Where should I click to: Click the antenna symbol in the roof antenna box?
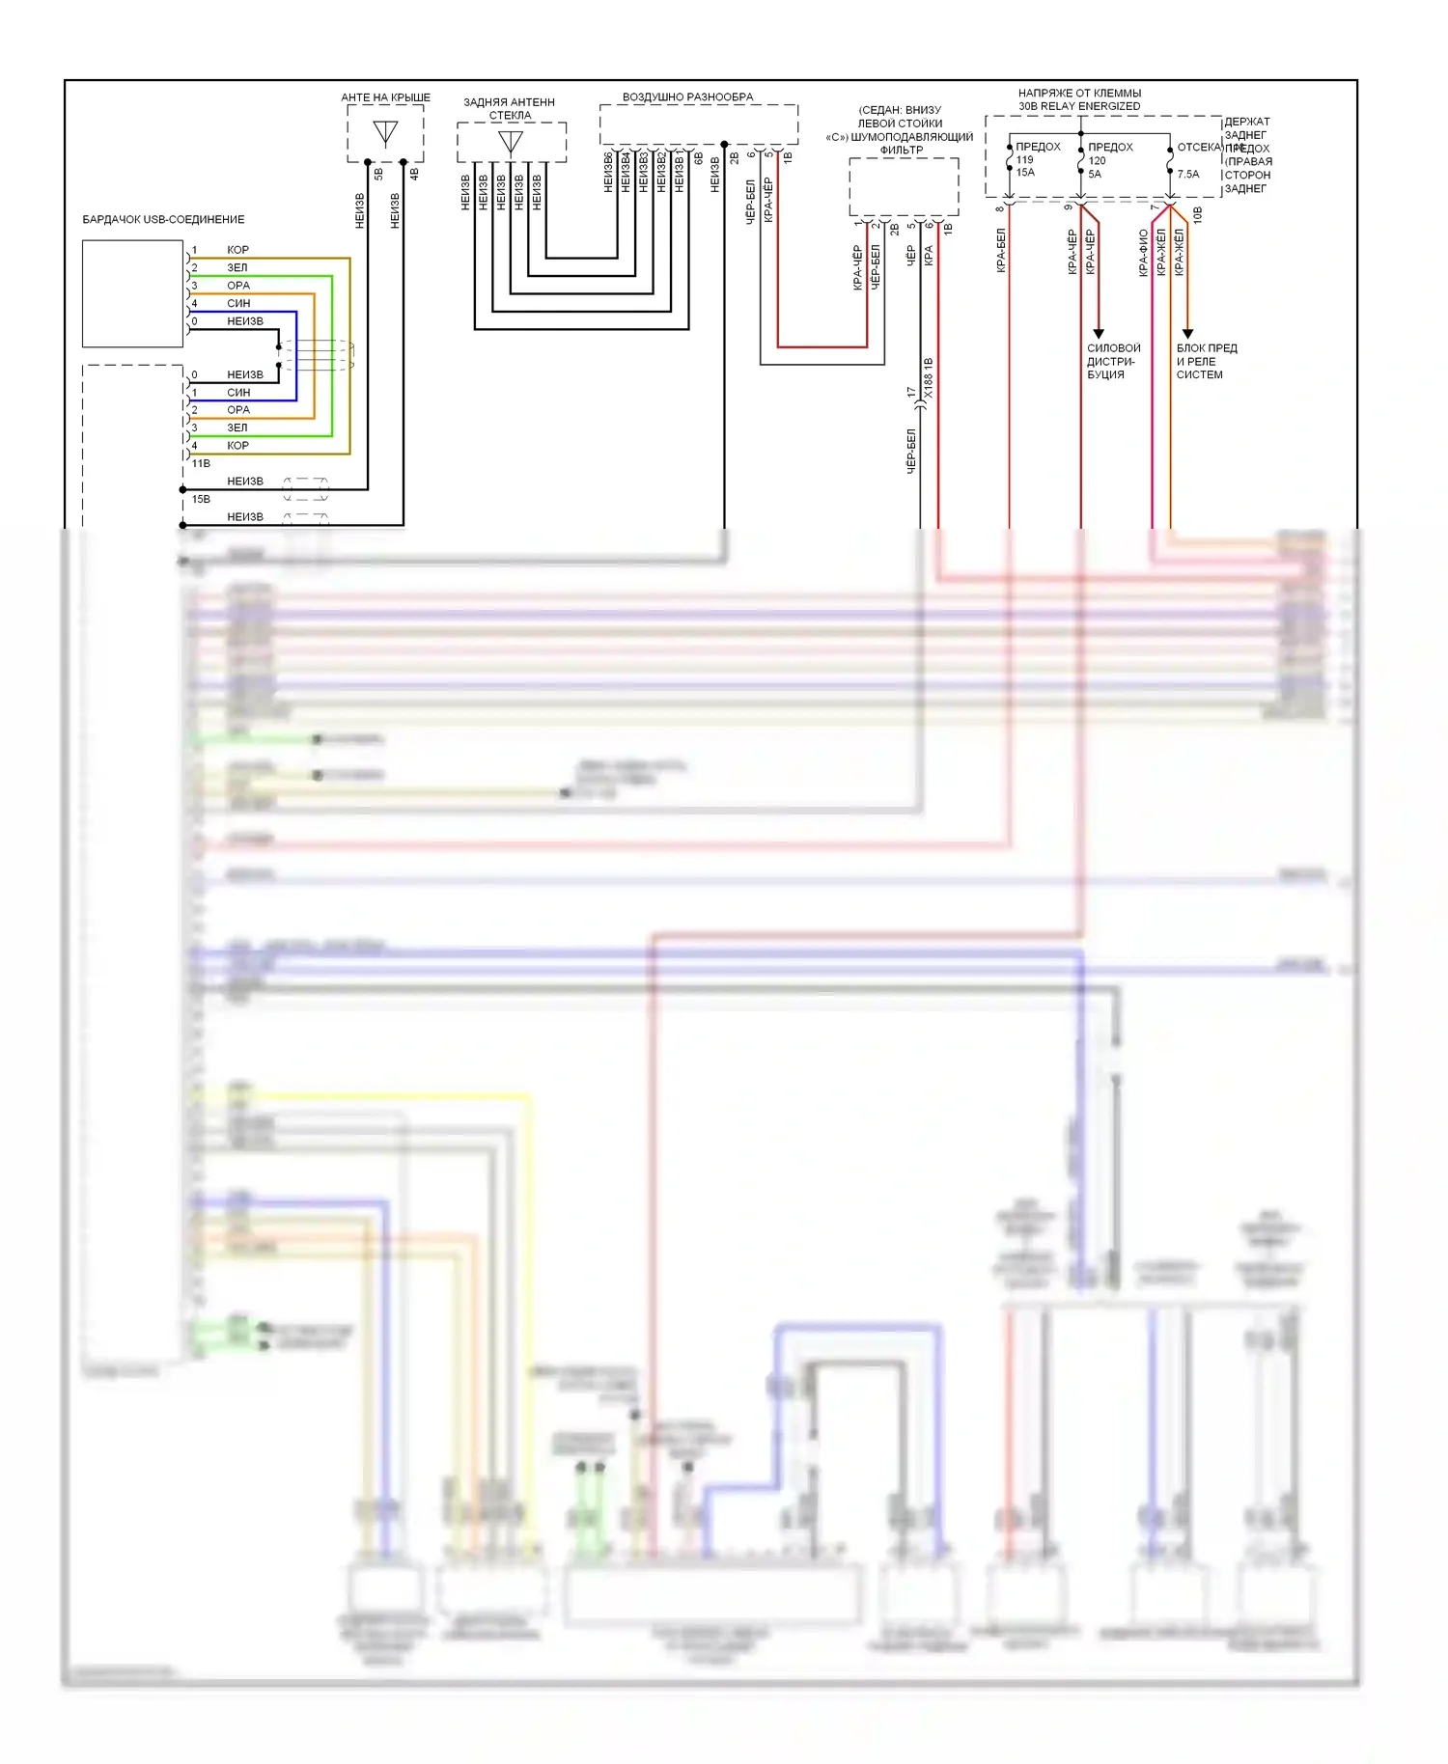point(385,132)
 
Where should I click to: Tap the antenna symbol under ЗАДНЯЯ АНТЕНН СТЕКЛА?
point(510,143)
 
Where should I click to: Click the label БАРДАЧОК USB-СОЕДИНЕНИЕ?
point(163,220)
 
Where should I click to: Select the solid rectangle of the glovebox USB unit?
point(132,293)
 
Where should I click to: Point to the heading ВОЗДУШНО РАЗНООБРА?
point(687,97)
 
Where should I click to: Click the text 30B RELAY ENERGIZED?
point(1079,106)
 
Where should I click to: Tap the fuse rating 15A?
point(1025,173)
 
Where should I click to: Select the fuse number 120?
point(1098,161)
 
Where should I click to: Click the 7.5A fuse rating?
point(1188,175)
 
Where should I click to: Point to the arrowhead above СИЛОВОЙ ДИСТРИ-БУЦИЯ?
point(1099,334)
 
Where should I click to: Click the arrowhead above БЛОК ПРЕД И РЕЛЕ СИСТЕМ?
point(1188,334)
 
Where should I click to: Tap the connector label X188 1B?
point(929,378)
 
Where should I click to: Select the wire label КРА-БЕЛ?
point(1001,250)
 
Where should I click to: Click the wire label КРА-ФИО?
point(1143,253)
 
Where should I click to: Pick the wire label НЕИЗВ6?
point(608,172)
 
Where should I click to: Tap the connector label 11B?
point(201,464)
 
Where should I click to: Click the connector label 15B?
point(201,500)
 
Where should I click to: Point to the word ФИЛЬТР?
point(901,151)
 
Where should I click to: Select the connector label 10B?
point(1198,214)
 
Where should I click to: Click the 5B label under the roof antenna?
point(378,174)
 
